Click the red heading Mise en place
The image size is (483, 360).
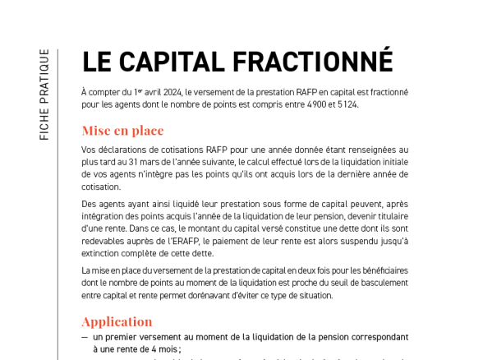pos(122,131)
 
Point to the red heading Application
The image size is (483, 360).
pos(117,321)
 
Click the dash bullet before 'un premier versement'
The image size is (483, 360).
pos(85,337)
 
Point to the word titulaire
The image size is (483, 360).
pos(389,216)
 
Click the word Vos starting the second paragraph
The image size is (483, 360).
pos(89,150)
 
